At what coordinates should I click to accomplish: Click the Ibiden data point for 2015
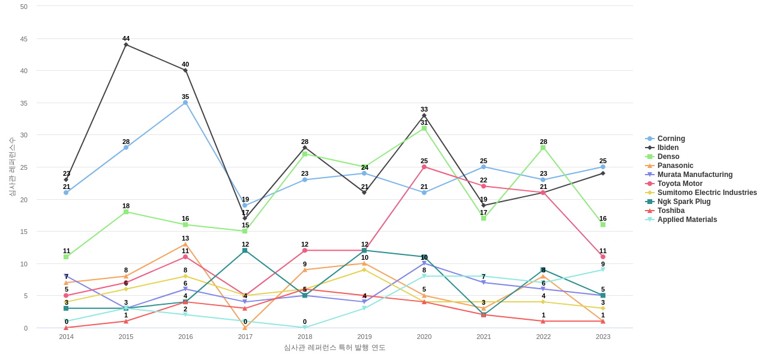point(126,44)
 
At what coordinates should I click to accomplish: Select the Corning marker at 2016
point(185,103)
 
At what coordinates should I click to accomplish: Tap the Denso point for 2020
point(424,128)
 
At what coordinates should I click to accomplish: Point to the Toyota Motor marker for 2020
point(424,167)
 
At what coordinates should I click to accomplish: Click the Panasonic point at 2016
point(185,244)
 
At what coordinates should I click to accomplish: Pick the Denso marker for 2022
point(543,148)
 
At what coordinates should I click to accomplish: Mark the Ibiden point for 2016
point(185,70)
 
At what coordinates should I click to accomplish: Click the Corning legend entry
point(671,139)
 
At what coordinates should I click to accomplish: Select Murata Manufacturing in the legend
point(694,175)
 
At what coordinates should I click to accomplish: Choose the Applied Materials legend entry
point(686,220)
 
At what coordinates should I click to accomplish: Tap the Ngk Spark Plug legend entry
point(683,202)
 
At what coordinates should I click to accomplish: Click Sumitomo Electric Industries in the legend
point(707,193)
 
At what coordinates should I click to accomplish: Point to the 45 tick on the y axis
point(24,39)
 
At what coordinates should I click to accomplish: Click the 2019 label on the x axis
point(365,337)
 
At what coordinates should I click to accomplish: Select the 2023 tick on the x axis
point(603,337)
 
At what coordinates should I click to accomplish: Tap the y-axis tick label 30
point(24,135)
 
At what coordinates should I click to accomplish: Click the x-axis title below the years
point(334,347)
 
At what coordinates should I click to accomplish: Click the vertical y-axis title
point(11,167)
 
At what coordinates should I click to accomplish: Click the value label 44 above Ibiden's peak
point(126,38)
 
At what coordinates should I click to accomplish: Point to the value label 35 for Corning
point(185,97)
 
